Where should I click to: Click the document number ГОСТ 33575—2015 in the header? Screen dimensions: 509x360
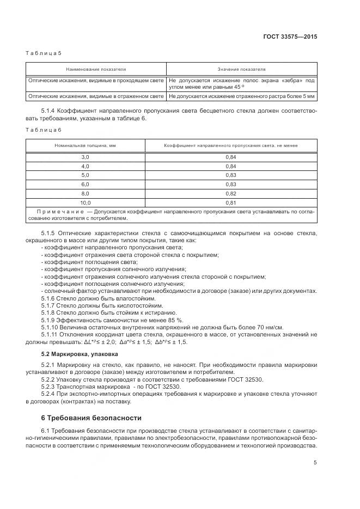click(x=290, y=36)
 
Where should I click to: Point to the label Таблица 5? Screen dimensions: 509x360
click(x=44, y=53)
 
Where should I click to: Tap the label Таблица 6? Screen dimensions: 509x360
click(x=44, y=129)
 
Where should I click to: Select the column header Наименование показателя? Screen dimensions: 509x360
click(x=96, y=70)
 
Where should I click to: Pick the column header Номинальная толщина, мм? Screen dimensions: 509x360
click(x=85, y=146)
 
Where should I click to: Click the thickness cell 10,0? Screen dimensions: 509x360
click(x=85, y=203)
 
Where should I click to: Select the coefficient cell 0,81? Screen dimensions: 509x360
click(x=231, y=203)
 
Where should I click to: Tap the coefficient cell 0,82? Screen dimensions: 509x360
click(x=231, y=193)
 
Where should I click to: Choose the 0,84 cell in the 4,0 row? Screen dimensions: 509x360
click(x=231, y=165)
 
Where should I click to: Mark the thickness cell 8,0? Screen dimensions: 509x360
click(x=85, y=193)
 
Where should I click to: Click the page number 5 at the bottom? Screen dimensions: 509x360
click(x=315, y=463)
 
